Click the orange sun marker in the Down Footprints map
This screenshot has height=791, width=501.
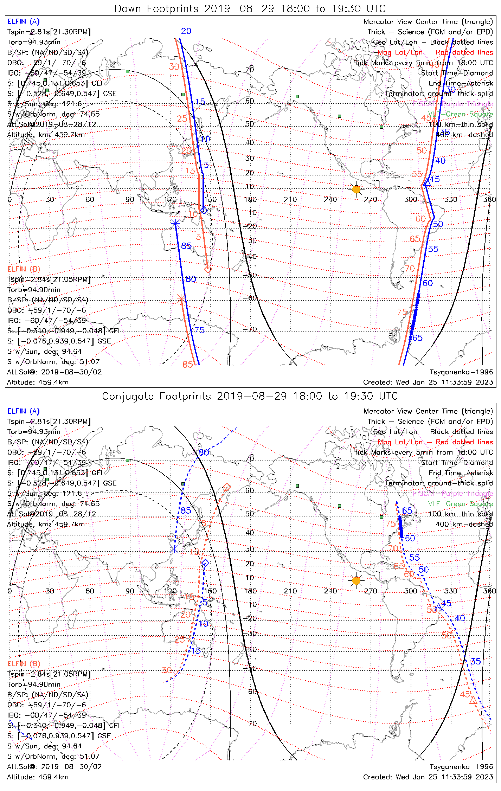click(356, 189)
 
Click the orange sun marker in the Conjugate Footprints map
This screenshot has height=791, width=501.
click(356, 580)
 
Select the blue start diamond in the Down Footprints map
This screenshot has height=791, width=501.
click(204, 210)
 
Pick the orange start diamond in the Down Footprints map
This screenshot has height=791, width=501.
click(208, 269)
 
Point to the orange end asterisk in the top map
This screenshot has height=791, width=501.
click(181, 298)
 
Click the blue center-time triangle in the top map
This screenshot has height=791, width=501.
click(427, 183)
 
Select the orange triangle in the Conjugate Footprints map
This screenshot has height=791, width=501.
click(473, 700)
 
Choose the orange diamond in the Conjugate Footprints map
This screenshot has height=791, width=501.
click(227, 487)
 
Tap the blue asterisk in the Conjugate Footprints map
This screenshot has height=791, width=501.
click(174, 549)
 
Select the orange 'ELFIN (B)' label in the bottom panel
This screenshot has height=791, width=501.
click(24, 663)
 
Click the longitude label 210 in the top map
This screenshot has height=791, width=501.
click(290, 200)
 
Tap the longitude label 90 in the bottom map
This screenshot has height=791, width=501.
click(130, 591)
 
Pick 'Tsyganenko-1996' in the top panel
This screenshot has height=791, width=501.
click(461, 372)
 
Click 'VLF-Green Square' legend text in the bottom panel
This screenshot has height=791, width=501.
click(460, 504)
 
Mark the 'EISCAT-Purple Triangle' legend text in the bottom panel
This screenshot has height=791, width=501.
click(453, 493)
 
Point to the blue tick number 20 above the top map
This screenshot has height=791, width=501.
click(186, 31)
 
